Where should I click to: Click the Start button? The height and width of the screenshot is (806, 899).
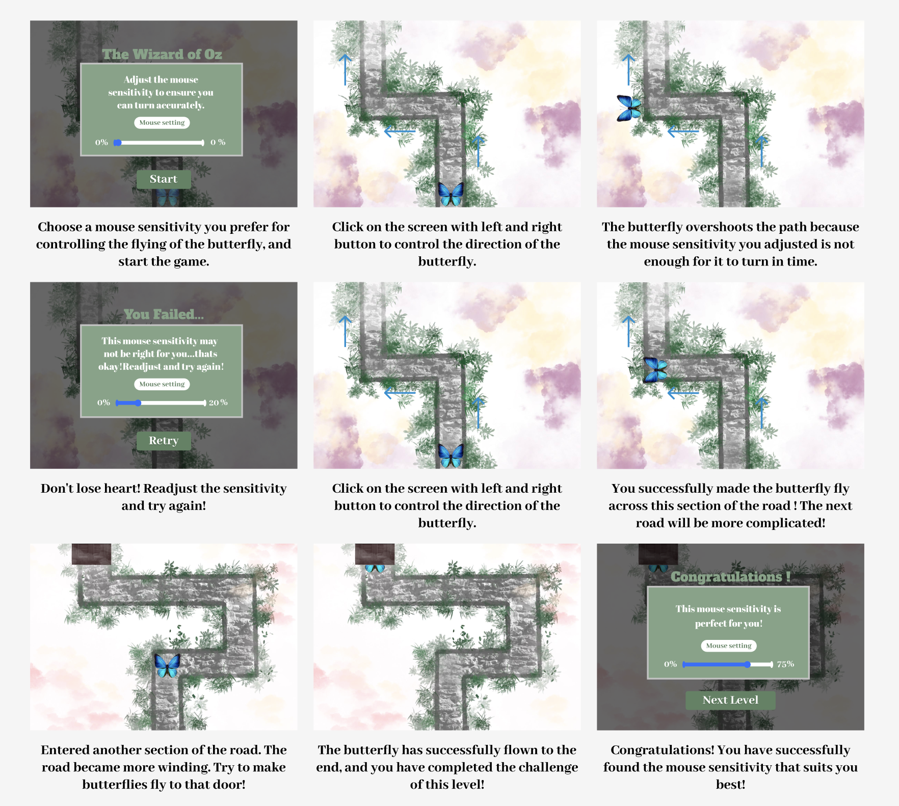tap(164, 179)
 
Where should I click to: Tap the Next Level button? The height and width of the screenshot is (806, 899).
tap(730, 700)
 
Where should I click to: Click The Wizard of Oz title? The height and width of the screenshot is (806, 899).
tap(162, 54)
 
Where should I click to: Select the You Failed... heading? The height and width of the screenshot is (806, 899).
tap(164, 314)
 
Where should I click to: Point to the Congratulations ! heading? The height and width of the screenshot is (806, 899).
tap(730, 576)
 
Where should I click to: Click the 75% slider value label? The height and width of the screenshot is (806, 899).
tap(785, 664)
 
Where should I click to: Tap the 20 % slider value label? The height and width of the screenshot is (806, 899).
tap(218, 402)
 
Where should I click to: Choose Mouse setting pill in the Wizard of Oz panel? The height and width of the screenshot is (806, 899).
tap(162, 123)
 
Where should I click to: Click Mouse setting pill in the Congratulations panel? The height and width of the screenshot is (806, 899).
tap(729, 646)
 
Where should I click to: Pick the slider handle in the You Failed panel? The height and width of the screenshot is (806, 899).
tap(138, 403)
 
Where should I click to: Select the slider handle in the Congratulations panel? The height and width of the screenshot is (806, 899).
tap(747, 664)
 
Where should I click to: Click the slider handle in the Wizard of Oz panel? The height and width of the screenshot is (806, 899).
tap(118, 143)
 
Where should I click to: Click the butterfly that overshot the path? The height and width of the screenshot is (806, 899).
tap(629, 108)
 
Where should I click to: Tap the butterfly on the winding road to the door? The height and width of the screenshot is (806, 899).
tap(167, 665)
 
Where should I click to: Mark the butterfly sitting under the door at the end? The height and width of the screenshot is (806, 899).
tap(375, 568)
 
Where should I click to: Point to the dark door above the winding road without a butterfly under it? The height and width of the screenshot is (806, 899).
tap(91, 554)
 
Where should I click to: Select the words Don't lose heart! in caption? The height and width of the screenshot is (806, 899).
tap(91, 489)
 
